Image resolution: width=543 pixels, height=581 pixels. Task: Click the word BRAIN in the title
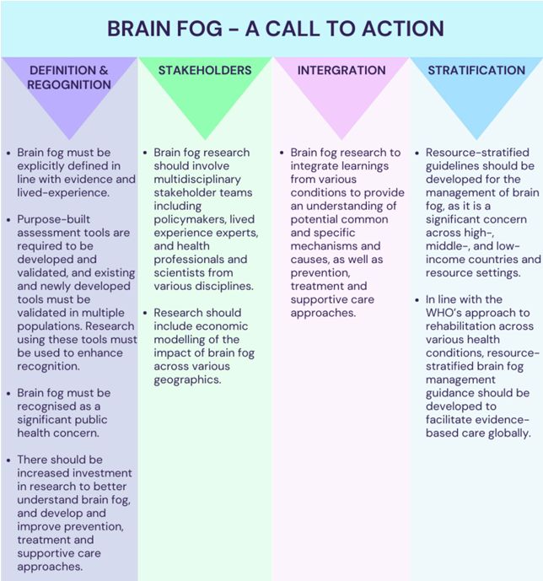pyautogui.click(x=139, y=29)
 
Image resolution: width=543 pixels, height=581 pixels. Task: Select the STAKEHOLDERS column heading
pyautogui.click(x=205, y=70)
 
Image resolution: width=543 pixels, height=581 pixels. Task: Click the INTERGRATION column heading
pyautogui.click(x=341, y=70)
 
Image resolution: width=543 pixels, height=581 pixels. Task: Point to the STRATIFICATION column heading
pyautogui.click(x=476, y=70)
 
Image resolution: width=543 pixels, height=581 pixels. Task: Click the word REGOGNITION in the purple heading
pyautogui.click(x=69, y=85)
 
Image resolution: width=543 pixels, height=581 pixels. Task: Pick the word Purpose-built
pyautogui.click(x=54, y=219)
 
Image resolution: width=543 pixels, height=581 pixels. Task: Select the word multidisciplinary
pyautogui.click(x=197, y=180)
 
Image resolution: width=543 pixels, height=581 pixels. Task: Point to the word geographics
pyautogui.click(x=187, y=379)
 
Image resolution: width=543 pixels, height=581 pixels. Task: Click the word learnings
pyautogui.click(x=365, y=166)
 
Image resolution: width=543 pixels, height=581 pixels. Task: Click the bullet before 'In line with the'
pyautogui.click(x=417, y=299)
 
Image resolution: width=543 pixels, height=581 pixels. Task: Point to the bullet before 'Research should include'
pyautogui.click(x=145, y=313)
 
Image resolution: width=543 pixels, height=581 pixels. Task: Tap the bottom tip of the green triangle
pyautogui.click(x=205, y=140)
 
